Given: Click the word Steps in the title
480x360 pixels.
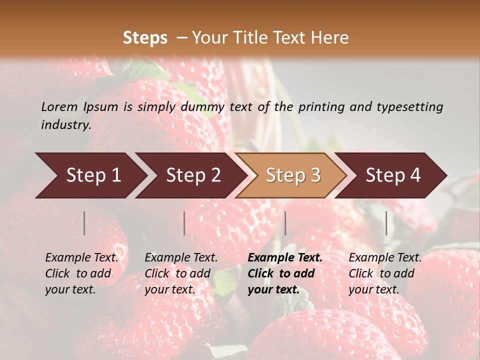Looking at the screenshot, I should [145, 38].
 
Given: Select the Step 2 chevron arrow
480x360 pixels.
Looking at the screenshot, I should [192, 175].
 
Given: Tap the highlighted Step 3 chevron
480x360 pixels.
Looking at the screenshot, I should [292, 175].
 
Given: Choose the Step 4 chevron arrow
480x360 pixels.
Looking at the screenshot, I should [392, 175].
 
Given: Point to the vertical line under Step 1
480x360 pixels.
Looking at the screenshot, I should [84, 223].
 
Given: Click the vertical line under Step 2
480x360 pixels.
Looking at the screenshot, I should [184, 223].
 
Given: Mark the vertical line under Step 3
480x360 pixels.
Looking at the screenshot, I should [285, 223].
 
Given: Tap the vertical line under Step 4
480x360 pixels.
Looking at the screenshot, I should [386, 223].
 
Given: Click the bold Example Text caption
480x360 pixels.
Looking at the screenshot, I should [285, 273].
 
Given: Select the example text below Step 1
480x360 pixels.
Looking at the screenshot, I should [81, 273].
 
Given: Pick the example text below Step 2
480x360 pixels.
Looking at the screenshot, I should [181, 273].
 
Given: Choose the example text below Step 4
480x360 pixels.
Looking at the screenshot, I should [385, 273].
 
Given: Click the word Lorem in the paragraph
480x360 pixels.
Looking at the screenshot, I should [59, 106].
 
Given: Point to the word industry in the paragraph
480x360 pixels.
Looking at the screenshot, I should [66, 124].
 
